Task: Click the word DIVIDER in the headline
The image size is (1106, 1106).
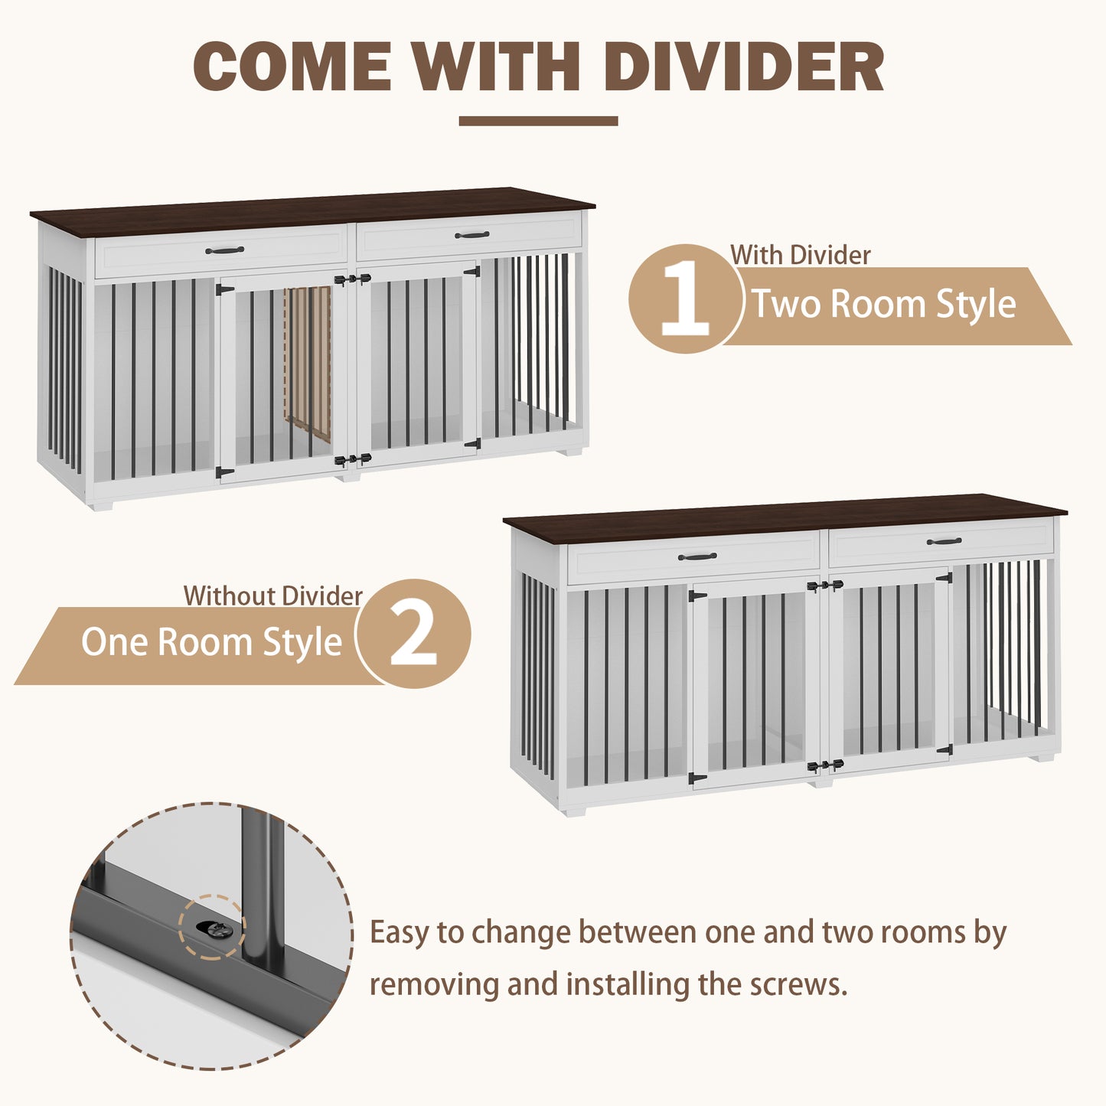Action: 743,67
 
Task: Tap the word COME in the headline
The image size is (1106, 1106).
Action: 292,67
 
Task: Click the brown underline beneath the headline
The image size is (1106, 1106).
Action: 538,121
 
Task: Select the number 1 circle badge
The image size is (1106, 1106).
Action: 685,299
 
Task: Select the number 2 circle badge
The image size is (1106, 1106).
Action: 413,633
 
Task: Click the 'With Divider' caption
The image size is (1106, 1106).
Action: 800,256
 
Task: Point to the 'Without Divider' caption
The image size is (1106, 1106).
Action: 273,595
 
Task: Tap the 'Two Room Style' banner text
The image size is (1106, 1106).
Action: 884,304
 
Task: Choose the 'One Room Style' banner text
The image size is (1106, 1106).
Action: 212,641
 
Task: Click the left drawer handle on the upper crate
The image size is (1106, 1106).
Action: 224,250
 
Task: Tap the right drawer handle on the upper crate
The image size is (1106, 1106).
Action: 471,235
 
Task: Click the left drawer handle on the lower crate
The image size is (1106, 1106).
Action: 697,556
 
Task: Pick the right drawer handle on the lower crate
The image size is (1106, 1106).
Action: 945,541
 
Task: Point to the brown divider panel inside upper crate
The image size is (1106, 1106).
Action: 308,364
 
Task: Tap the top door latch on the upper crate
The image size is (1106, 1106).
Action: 352,279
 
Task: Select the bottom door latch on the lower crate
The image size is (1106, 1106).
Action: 825,765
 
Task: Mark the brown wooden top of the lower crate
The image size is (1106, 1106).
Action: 785,517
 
